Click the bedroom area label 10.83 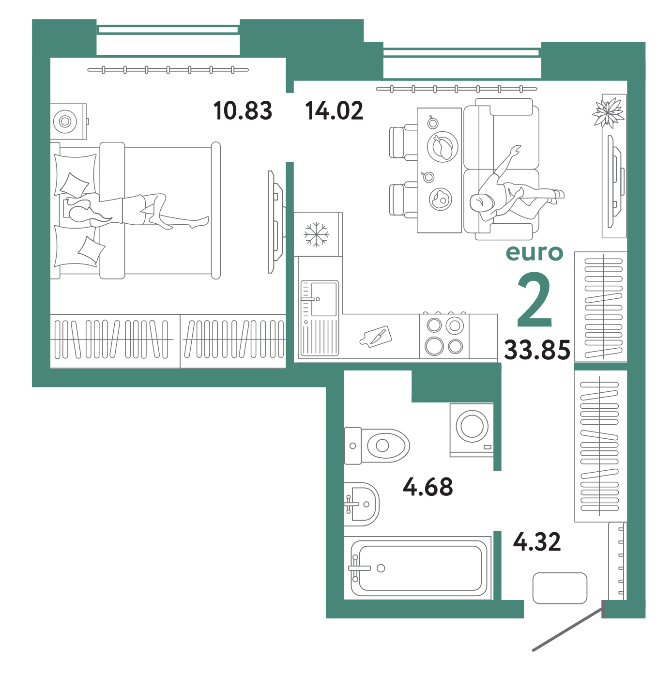pos(243,110)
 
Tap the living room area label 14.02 pos(334,110)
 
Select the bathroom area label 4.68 pos(428,487)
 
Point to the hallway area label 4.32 pos(536,542)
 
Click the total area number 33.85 pos(537,350)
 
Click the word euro pos(534,253)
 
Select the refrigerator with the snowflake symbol pos(318,234)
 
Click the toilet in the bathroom pos(377,446)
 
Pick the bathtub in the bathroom pos(418,568)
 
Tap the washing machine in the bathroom pos(472,430)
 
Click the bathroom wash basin pos(361,504)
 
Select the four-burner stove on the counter pos(444,336)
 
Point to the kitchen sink pos(320,318)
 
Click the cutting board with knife pos(376,337)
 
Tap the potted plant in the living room pos(608,112)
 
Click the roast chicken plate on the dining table pos(442,147)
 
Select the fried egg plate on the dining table pos(441,199)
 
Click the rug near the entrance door pos(560,588)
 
